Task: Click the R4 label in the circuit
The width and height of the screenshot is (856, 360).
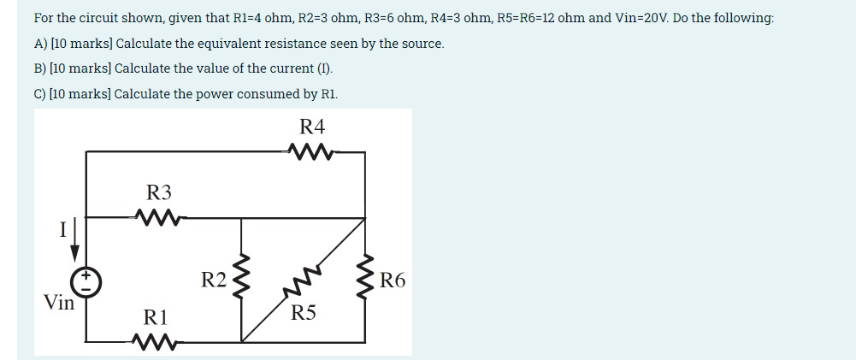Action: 313,127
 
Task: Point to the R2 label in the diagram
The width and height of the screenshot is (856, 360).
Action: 214,280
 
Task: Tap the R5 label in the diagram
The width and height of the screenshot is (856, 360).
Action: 303,312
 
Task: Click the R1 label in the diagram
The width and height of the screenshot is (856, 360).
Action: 156,318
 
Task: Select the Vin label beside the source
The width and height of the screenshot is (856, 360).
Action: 59,302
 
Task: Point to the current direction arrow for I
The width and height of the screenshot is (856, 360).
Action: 75,240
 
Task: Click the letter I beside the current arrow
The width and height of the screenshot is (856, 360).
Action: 62,229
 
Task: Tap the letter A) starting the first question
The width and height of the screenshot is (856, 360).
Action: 40,44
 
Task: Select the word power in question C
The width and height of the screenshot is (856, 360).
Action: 200,94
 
